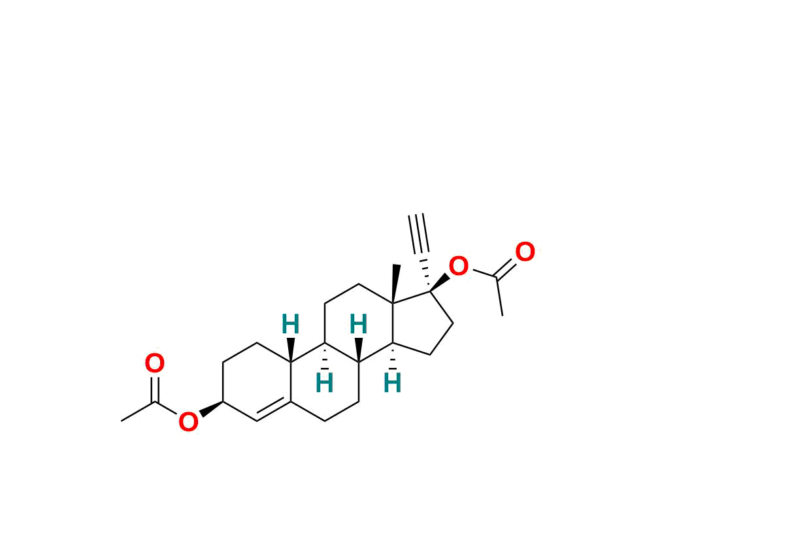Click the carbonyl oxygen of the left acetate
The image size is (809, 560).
(x=155, y=363)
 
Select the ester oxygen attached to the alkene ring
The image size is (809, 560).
(x=188, y=421)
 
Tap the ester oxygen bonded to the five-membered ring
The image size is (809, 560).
(x=458, y=266)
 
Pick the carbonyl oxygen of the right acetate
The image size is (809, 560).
(x=525, y=252)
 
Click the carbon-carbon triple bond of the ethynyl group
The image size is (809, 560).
(x=419, y=233)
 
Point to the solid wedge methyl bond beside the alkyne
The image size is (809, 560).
(x=395, y=284)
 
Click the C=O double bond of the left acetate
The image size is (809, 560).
(x=155, y=389)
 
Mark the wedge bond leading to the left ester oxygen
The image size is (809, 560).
(x=211, y=408)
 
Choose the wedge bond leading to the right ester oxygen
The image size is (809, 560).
(x=440, y=282)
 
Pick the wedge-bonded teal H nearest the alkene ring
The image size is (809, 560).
(x=290, y=324)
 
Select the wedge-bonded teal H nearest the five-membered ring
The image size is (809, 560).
(x=358, y=324)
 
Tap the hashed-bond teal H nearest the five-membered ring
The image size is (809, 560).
(x=392, y=382)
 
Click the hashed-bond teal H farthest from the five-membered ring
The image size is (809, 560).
(x=324, y=382)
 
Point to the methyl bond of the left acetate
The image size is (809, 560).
(x=138, y=412)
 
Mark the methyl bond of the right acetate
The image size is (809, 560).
(x=499, y=297)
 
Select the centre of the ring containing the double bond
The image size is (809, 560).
(x=257, y=382)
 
